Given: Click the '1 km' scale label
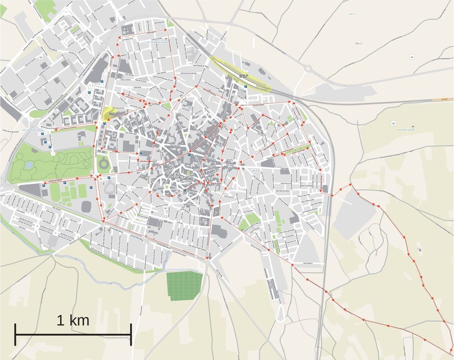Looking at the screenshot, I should coord(73,321).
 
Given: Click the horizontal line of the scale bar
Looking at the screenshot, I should coord(73,336).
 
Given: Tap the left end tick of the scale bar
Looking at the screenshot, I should coord(15,335).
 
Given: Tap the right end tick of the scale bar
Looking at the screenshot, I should coord(131,335).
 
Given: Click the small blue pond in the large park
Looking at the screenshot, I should coord(30,165).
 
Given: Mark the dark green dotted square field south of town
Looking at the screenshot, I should coord(185,285).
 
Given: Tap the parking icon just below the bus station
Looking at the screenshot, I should coord(104,123).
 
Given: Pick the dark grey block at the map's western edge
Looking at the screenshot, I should coord(8,108).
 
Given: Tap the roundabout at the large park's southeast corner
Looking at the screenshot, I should coord(97,177).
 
